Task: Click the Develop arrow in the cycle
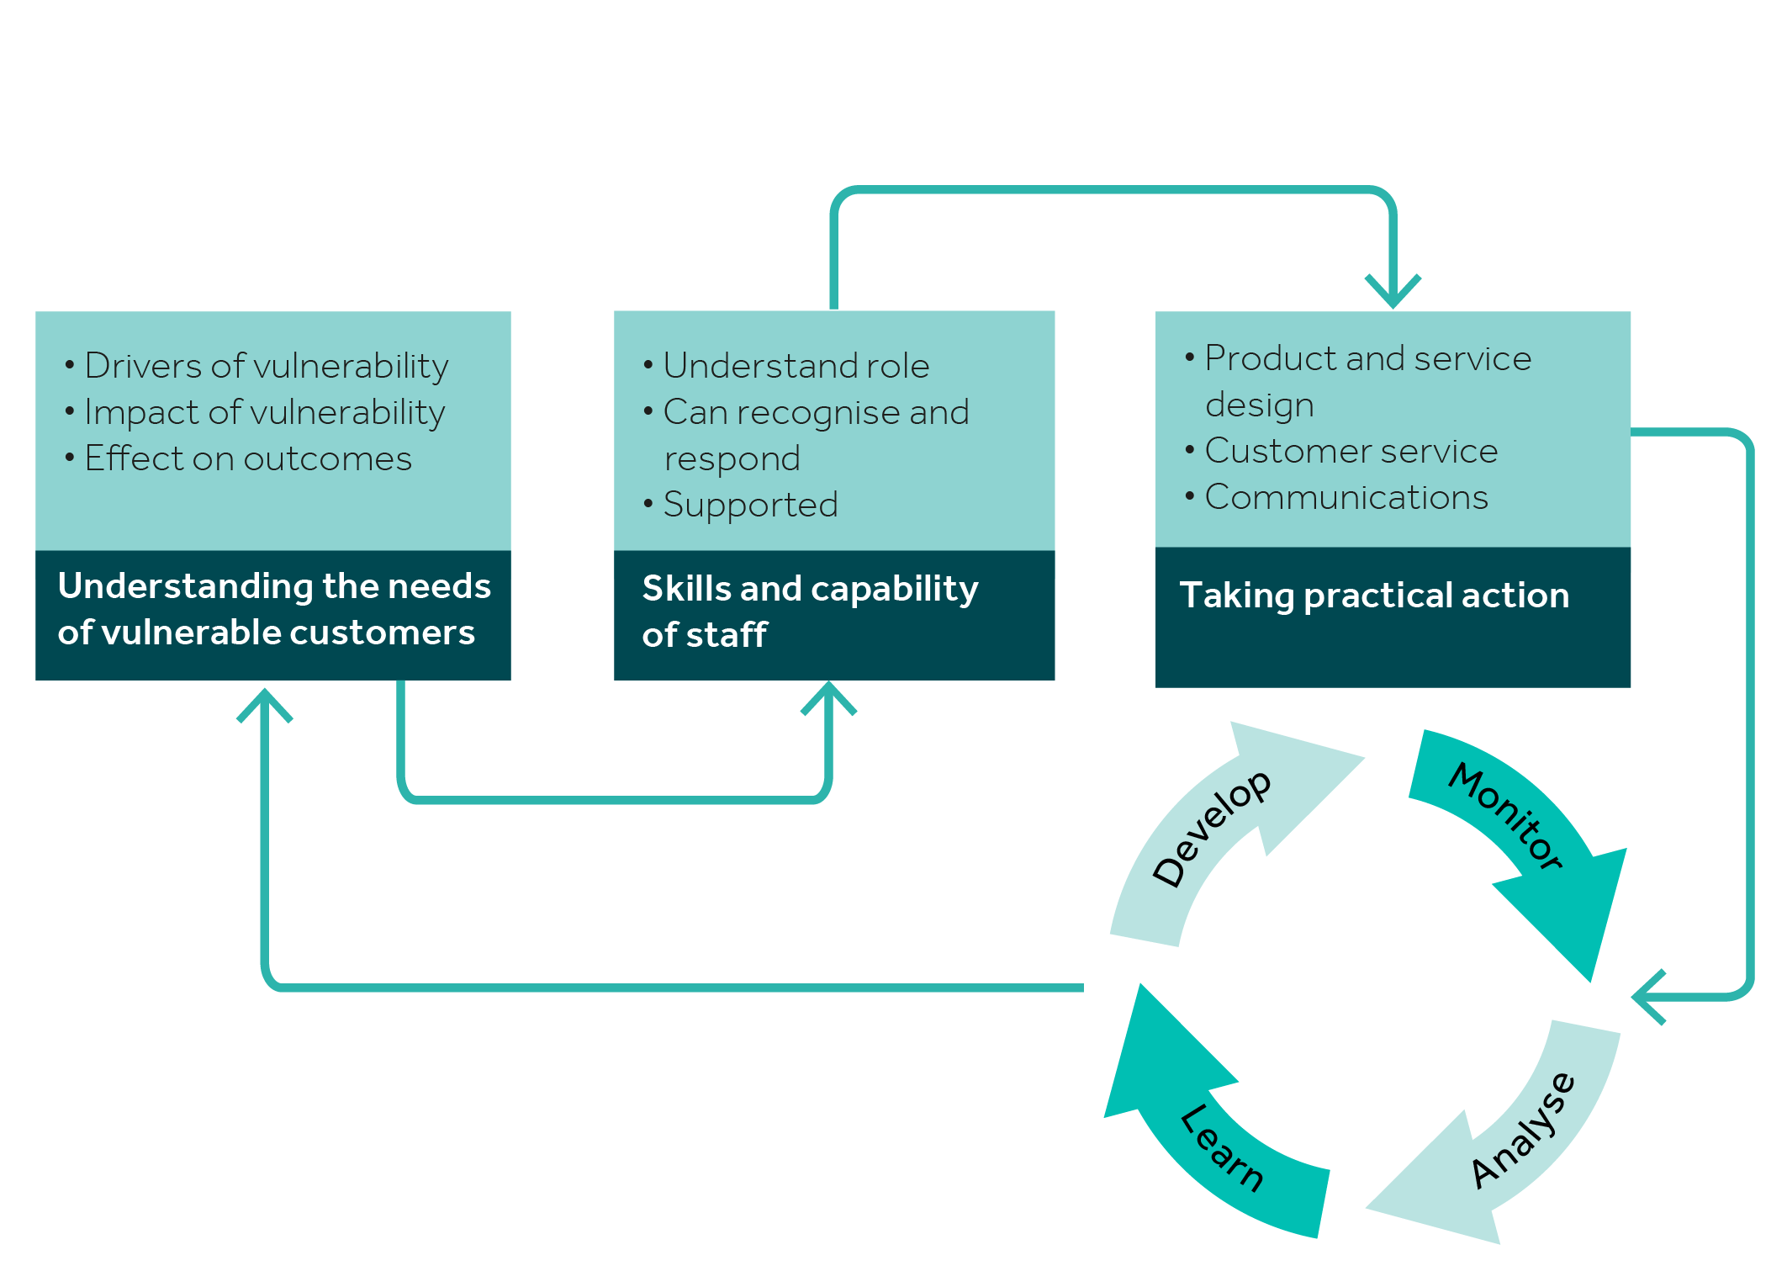(1211, 829)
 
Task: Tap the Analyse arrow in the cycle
(1522, 1131)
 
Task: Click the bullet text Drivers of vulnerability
(266, 366)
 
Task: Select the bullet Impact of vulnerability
(264, 412)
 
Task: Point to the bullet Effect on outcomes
(248, 458)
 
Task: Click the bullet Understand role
(796, 366)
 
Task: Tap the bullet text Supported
(750, 505)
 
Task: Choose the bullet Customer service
(1351, 451)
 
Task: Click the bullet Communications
(1346, 497)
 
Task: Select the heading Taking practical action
(1374, 596)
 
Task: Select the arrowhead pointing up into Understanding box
(265, 705)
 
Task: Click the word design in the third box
(1259, 405)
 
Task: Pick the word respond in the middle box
(732, 459)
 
